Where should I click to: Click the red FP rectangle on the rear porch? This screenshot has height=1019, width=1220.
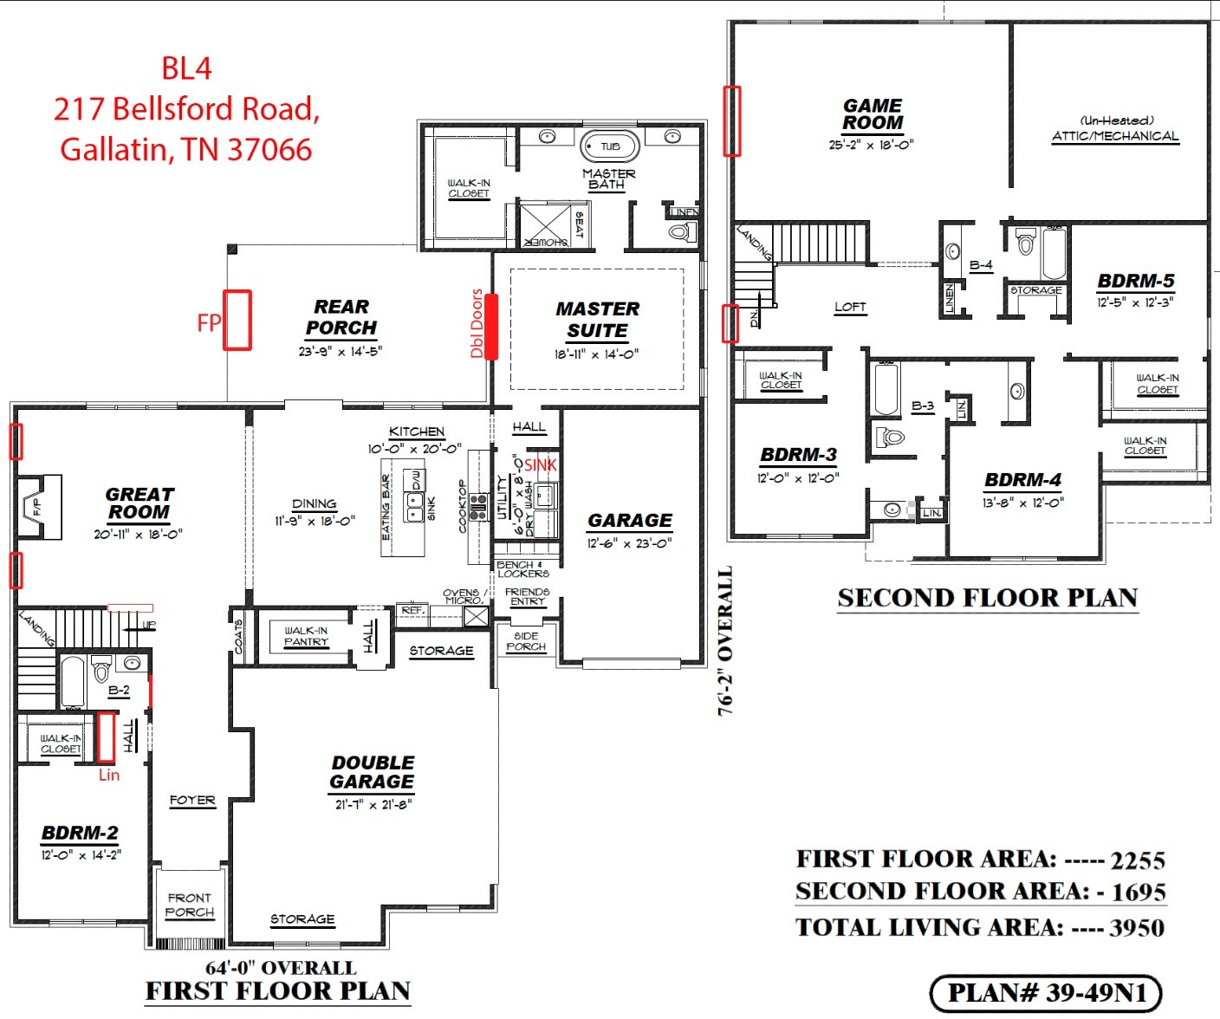(237, 320)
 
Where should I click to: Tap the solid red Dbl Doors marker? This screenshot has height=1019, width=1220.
(491, 327)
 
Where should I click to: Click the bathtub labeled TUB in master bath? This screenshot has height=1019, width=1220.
(610, 146)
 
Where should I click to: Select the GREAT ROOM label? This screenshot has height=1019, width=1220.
(140, 503)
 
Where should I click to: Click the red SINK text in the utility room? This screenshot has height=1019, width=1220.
(541, 465)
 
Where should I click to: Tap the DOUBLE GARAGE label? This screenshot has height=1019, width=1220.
(373, 772)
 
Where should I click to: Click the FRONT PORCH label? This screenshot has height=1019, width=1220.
(190, 905)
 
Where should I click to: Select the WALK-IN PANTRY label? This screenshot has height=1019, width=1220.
(306, 636)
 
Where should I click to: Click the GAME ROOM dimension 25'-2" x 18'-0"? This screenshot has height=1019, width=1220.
(871, 145)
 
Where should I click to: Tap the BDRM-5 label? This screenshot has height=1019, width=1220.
(1135, 282)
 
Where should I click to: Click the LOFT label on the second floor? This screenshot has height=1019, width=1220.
(850, 307)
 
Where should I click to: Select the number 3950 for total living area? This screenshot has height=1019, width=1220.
(1137, 928)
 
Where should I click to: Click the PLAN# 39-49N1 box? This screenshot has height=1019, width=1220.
(1045, 993)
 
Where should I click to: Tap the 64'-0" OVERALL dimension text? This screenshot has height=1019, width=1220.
(280, 968)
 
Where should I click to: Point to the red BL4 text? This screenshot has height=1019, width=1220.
(186, 68)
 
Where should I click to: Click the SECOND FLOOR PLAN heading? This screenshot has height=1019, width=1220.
(987, 598)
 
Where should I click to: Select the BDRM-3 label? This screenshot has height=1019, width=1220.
(798, 455)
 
